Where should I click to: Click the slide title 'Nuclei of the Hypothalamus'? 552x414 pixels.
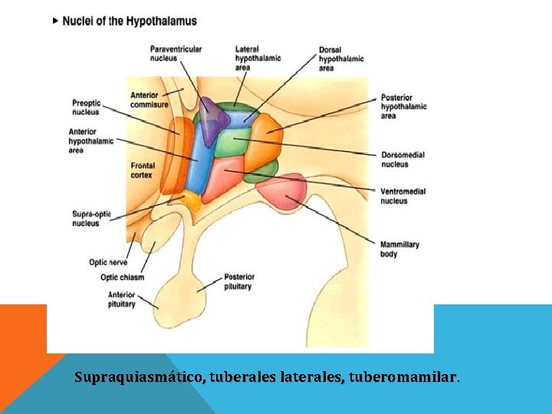coord(130,21)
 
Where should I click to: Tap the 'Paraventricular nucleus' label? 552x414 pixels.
coord(176,54)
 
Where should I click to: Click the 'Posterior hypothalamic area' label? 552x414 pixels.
coord(404,107)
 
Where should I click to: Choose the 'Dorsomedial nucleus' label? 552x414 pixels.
coord(402,159)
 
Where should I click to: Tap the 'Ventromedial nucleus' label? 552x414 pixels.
coord(402,195)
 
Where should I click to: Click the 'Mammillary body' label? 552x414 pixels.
coord(399,249)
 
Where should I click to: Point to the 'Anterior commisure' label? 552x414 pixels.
coord(149,100)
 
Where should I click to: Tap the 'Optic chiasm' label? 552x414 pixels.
coord(122,277)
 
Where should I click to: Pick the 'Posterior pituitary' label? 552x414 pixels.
coord(239,281)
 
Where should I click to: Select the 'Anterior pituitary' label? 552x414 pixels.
coord(121,300)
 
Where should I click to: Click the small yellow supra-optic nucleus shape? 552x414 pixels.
coord(189,202)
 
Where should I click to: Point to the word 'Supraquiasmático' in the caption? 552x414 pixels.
coord(139,377)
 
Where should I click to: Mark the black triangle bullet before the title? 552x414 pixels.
coord(55,21)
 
